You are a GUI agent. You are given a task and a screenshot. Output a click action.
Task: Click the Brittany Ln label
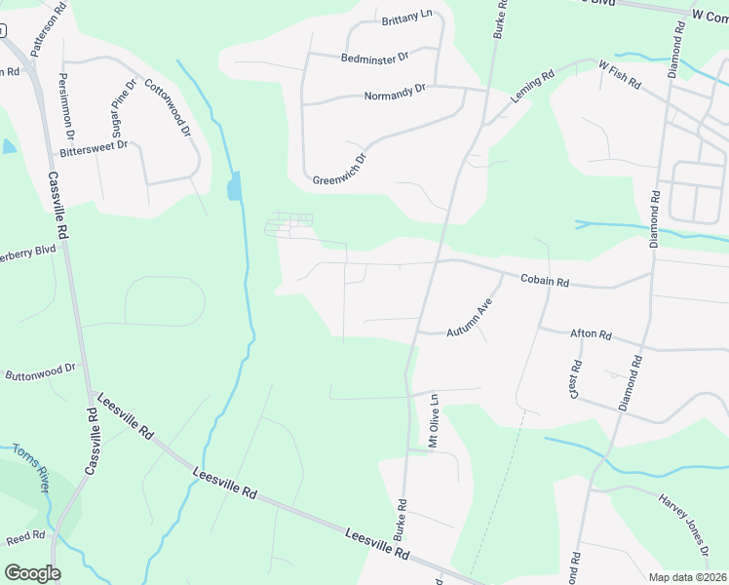[x=406, y=17]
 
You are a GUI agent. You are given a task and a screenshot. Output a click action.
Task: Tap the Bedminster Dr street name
[x=374, y=58]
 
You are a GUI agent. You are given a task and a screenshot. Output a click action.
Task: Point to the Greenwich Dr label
[x=339, y=169]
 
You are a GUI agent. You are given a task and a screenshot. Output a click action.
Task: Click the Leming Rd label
[x=532, y=87]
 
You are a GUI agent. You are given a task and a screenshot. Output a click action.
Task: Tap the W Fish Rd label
[x=619, y=75]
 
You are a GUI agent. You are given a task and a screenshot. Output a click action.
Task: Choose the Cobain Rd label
[x=545, y=280]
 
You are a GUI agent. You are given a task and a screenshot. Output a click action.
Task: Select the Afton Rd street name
[x=590, y=334]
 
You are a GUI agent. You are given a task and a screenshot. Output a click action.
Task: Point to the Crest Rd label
[x=575, y=379]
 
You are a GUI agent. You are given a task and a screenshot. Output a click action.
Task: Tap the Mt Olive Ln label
[x=435, y=421]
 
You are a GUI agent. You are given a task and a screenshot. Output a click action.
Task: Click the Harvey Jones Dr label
[x=681, y=515]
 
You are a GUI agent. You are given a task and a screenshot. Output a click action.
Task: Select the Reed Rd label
[x=25, y=536]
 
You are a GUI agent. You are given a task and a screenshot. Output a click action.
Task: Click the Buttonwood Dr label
[x=40, y=372]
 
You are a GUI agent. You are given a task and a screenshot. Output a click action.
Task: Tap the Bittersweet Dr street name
[x=94, y=147]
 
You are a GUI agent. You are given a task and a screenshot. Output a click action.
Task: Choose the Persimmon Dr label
[x=65, y=106]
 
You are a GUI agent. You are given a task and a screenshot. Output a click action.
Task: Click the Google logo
[x=32, y=572]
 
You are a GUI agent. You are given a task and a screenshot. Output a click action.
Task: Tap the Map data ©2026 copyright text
[x=686, y=577]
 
